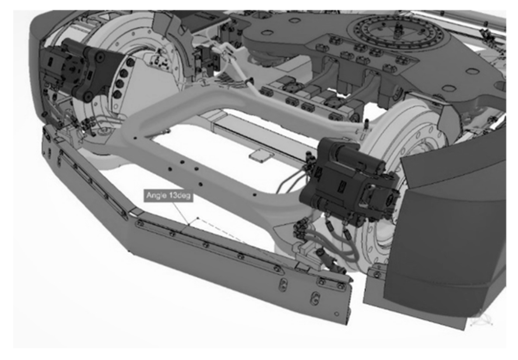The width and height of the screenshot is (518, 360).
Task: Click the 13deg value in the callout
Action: click(180, 195)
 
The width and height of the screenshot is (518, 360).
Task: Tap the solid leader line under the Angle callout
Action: click(181, 213)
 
